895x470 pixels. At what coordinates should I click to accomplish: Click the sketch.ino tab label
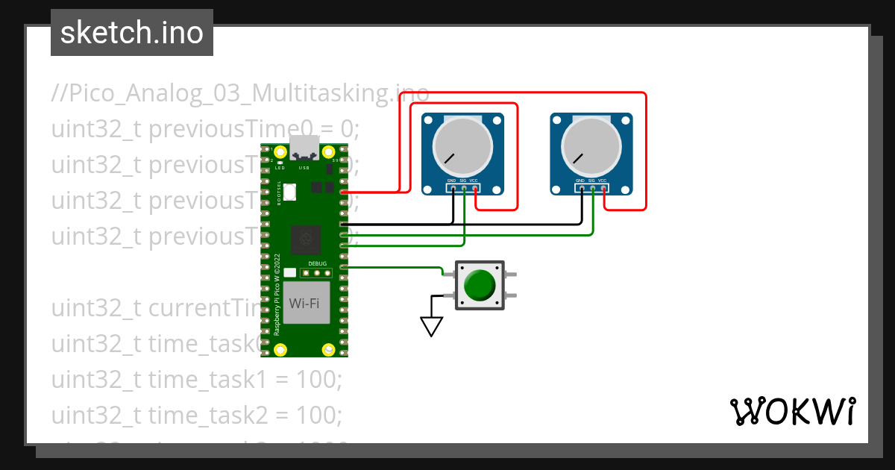pos(131,33)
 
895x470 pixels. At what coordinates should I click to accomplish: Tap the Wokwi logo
pos(791,411)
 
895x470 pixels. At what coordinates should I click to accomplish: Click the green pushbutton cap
pos(479,285)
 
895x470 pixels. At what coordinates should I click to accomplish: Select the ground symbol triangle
pos(431,326)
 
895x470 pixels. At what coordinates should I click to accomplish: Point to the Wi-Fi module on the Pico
pos(307,303)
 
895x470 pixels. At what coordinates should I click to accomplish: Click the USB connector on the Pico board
pos(304,148)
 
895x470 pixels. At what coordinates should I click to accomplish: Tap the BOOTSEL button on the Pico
pos(289,192)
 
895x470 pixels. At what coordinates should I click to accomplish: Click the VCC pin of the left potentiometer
pos(475,189)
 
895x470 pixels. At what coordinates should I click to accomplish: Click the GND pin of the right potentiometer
pos(581,189)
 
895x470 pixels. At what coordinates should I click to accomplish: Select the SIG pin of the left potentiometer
pos(464,189)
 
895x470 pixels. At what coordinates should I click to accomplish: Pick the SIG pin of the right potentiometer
pos(592,189)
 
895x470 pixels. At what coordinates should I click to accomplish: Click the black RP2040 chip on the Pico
pos(306,239)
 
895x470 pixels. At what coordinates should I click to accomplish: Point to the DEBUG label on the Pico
pos(317,264)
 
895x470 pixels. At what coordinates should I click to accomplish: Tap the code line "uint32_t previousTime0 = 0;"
pos(205,129)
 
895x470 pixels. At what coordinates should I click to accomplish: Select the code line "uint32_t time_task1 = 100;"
pos(196,380)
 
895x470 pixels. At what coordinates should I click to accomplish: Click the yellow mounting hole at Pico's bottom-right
pos(327,350)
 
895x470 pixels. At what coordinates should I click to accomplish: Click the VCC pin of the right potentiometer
pos(603,189)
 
